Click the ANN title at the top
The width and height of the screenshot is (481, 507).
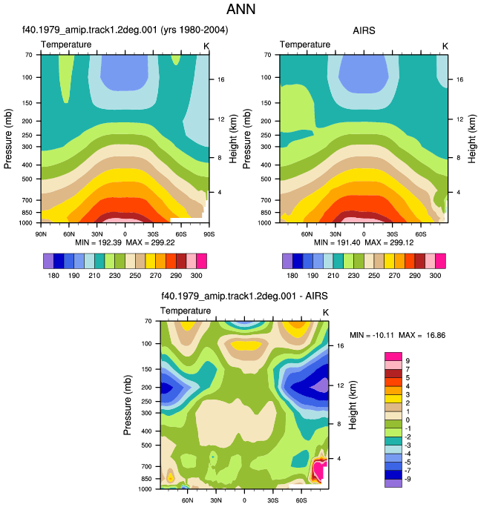point(240,9)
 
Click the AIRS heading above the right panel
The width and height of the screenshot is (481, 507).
point(364,30)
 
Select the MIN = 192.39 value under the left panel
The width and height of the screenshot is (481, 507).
point(98,242)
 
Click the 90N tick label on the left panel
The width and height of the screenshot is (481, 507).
point(41,234)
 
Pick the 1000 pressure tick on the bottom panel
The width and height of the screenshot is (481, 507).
point(145,489)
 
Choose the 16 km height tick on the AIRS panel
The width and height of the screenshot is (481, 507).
point(459,79)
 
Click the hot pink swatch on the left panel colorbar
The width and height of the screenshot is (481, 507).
point(201,261)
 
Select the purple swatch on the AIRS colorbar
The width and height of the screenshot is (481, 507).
point(287,261)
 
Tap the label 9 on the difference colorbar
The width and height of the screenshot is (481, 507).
point(408,361)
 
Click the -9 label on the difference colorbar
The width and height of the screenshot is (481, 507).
point(408,479)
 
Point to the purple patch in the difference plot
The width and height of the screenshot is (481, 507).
point(321,386)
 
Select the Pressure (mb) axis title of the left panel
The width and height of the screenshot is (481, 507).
point(8,139)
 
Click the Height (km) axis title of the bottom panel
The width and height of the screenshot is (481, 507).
point(353,405)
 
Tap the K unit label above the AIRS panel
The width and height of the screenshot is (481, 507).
point(445,47)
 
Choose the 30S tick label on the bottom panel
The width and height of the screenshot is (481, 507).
point(272,500)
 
